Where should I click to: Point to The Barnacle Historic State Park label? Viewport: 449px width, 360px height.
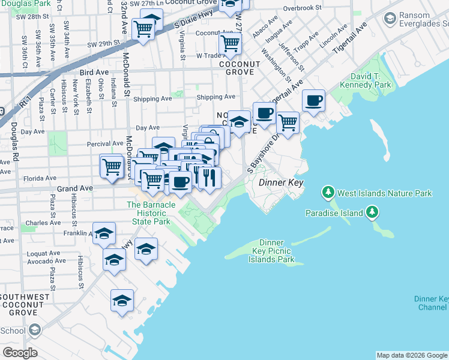click(x=151, y=213)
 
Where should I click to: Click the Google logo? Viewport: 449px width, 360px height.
click(x=20, y=353)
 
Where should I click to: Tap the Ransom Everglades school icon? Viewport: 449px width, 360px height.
click(x=390, y=20)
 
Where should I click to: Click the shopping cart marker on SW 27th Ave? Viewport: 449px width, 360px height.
click(x=230, y=43)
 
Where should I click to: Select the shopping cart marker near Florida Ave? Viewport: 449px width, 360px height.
click(x=112, y=165)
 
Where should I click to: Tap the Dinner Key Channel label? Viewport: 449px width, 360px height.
click(x=431, y=303)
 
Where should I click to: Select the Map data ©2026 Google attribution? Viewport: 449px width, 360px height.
click(x=412, y=355)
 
